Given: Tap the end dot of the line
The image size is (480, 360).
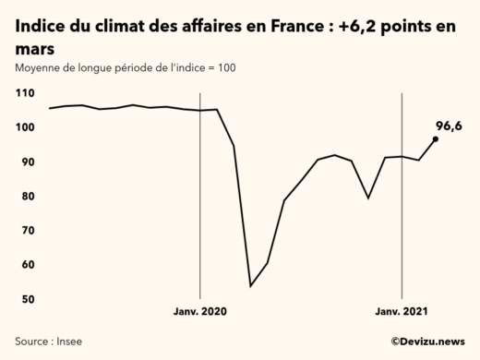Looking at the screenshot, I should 436,139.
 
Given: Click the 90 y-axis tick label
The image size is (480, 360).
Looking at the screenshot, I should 28,162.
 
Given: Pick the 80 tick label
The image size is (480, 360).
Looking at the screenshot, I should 28,197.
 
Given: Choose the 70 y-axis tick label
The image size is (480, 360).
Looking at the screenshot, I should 28,231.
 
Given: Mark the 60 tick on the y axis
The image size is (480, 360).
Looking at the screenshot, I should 28,265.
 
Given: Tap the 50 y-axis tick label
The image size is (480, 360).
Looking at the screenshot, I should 28,299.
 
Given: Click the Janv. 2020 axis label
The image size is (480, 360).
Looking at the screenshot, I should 200,312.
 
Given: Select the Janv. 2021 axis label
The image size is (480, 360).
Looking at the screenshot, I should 401,312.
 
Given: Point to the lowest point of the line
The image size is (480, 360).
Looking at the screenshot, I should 250,286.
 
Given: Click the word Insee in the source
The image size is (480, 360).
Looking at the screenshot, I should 66,342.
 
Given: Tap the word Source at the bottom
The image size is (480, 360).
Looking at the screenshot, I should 30,342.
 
